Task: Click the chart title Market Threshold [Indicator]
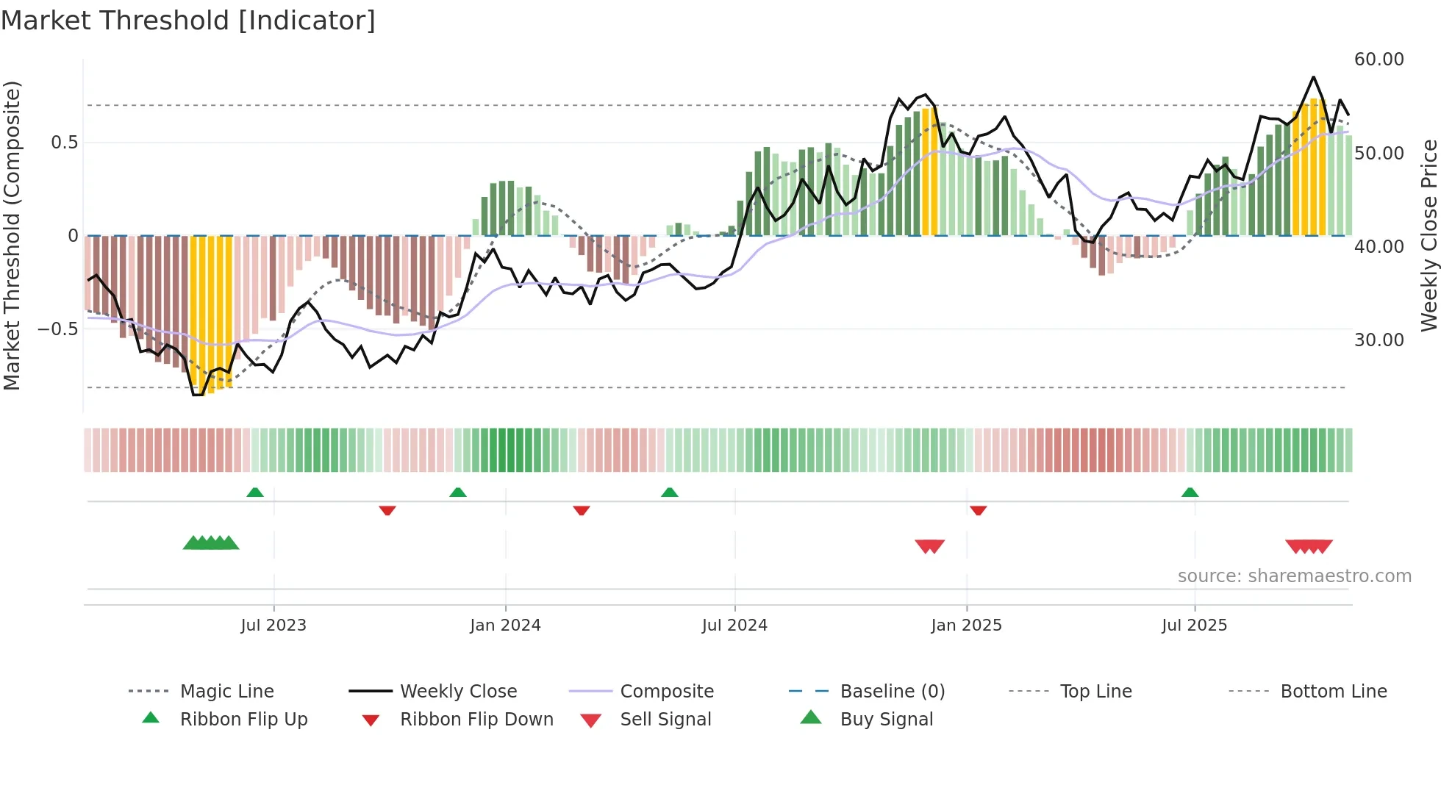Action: click(x=188, y=21)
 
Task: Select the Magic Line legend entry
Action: click(x=226, y=692)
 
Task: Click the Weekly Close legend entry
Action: click(x=458, y=692)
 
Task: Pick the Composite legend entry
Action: click(x=666, y=692)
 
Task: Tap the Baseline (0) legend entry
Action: click(x=892, y=692)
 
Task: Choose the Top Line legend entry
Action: click(x=1095, y=692)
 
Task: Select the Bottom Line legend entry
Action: click(x=1333, y=692)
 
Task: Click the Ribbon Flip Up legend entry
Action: click(x=243, y=720)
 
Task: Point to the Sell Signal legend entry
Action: click(x=665, y=720)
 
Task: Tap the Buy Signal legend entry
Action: click(x=886, y=720)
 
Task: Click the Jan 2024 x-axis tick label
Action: click(x=505, y=626)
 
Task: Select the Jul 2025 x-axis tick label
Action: click(x=1194, y=626)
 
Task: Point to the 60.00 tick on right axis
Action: click(x=1379, y=60)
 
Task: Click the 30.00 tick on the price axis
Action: click(x=1379, y=340)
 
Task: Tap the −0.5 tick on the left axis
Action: click(x=57, y=329)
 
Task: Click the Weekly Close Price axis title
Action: click(x=1429, y=235)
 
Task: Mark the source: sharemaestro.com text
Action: click(x=1294, y=576)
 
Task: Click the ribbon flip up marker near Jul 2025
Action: click(x=1190, y=492)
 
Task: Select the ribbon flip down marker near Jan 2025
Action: click(x=978, y=510)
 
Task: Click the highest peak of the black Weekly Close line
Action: click(x=1313, y=77)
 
